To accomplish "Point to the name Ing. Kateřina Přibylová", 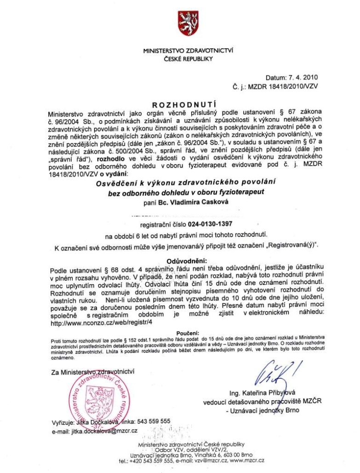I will pyautogui.click(x=262, y=392).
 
